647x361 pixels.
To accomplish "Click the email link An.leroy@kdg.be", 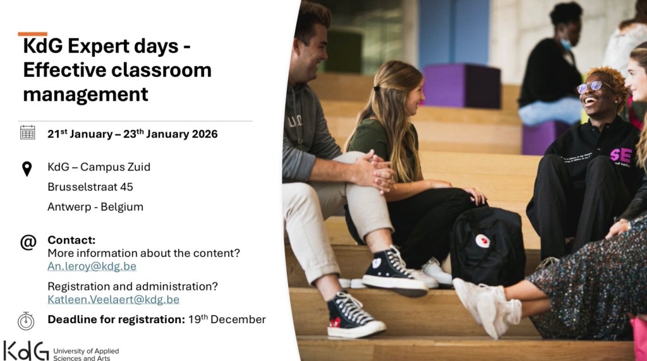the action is (92, 266).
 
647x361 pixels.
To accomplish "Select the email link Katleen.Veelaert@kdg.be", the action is (114, 300).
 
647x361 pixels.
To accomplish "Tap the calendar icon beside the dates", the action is (28, 133).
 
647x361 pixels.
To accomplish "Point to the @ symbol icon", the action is (28, 242).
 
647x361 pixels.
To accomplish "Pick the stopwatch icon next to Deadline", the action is (26, 321).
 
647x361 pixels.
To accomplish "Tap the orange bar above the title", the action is (33, 34).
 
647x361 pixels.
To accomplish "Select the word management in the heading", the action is (85, 95).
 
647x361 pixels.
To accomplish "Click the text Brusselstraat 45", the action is (90, 187).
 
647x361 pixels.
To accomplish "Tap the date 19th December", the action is (227, 319).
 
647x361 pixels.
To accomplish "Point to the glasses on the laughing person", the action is (594, 86).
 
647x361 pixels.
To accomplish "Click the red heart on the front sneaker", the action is (336, 323).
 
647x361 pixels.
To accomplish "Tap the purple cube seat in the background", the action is (462, 85).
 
